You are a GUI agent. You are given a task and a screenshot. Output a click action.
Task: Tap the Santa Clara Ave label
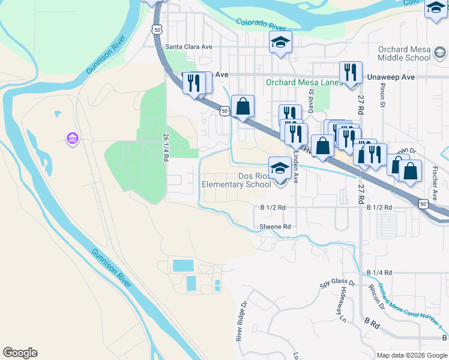point(189,46)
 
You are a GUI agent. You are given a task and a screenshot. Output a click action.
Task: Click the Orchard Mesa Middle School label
point(404,53)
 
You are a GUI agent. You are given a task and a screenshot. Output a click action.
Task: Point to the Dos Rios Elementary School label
point(237,181)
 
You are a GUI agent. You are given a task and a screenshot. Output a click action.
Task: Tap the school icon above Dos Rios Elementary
point(280,169)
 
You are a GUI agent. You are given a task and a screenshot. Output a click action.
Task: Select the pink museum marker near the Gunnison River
point(72,139)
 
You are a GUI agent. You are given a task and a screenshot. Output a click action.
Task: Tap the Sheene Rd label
point(275,227)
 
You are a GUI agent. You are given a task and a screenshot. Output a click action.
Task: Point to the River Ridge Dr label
point(241,322)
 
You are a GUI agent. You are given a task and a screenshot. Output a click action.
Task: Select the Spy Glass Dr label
point(338,283)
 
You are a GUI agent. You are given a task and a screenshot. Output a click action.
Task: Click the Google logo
point(20,353)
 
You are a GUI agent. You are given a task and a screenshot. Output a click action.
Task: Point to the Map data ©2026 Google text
point(412,355)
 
